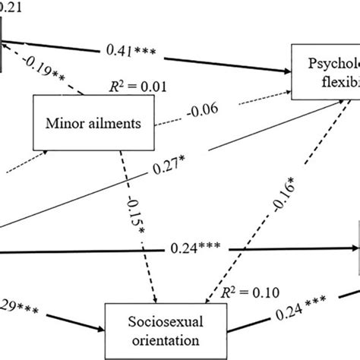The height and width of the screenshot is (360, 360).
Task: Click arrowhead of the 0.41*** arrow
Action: pos(289,71)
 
